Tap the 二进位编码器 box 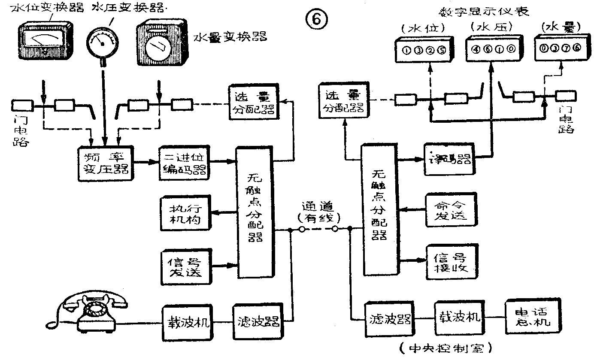pyautogui.click(x=184, y=163)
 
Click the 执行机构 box pyautogui.click(x=187, y=214)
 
